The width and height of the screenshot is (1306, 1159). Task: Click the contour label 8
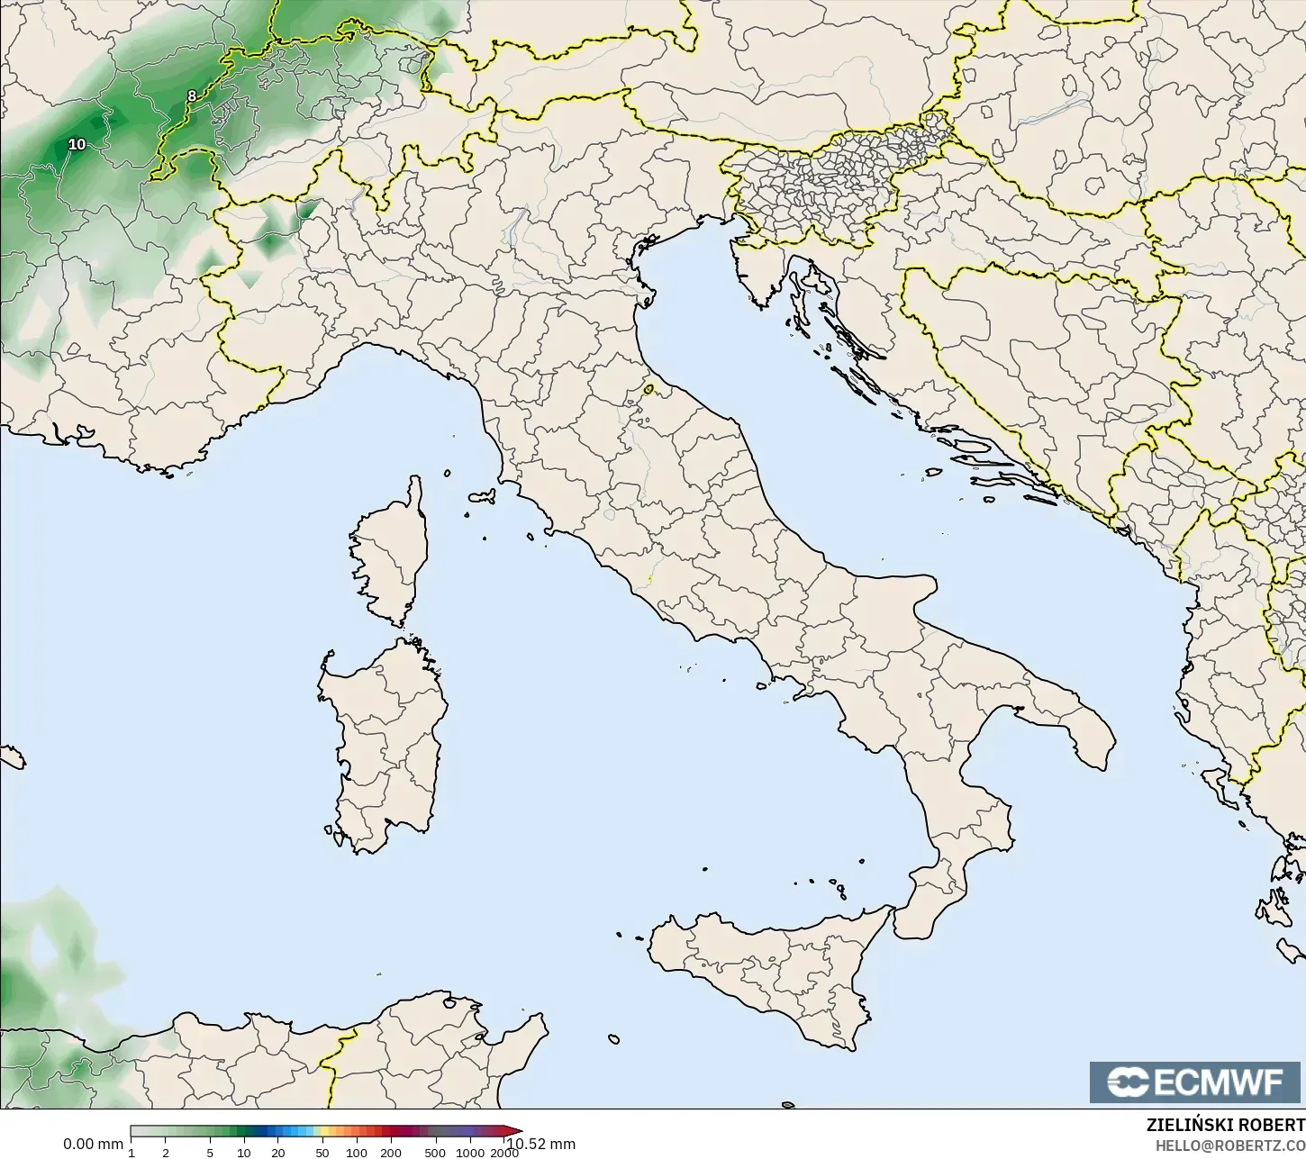[191, 95]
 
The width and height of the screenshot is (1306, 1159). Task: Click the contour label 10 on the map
[77, 144]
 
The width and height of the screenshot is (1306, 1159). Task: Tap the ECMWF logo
[1196, 1082]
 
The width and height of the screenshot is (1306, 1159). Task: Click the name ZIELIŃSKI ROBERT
[1225, 1126]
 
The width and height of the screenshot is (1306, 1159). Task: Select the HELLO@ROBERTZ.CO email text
[1230, 1145]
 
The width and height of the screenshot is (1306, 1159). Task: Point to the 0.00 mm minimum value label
[93, 1145]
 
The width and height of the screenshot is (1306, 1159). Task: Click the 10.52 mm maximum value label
[540, 1145]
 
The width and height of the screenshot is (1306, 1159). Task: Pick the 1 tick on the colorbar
[132, 1153]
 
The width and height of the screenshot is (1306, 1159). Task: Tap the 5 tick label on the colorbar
[210, 1153]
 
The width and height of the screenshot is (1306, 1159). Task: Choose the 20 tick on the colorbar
[277, 1153]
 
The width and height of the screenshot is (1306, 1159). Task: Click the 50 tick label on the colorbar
[322, 1153]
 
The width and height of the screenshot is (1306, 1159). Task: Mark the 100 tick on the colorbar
[357, 1153]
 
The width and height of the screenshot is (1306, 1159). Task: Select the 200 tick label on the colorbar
[391, 1153]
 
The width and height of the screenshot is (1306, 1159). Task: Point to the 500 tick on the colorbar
[435, 1153]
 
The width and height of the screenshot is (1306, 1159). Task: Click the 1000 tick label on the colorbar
[469, 1153]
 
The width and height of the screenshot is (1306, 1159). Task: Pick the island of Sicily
[775, 973]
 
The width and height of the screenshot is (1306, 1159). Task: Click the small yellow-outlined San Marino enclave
[649, 390]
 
